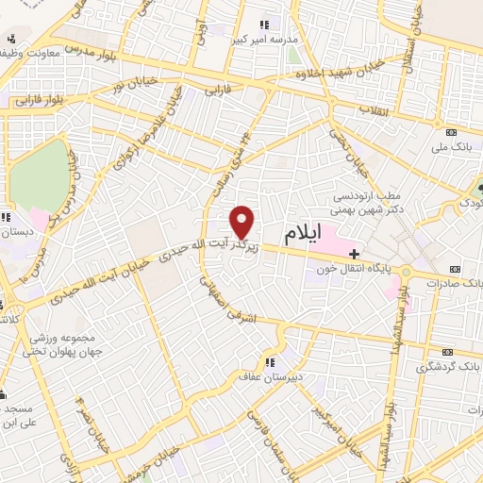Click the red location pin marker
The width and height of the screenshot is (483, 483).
(242, 222)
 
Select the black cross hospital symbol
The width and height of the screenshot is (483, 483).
(354, 254)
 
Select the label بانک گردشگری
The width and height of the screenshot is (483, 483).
(455, 364)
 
